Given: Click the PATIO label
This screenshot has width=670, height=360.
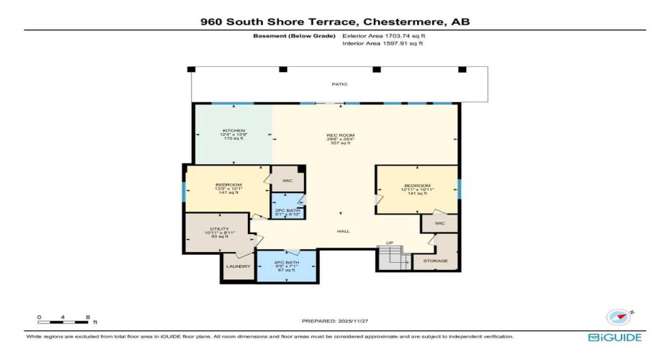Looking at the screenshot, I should tap(339, 84).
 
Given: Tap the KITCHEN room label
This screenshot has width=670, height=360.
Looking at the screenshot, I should tap(228, 131).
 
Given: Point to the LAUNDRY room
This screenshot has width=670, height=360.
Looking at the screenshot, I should tap(238, 266).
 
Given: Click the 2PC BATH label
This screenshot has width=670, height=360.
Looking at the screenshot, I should tap(287, 210).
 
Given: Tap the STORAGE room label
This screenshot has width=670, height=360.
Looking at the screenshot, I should tap(435, 261).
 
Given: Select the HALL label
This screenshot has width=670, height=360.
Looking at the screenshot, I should tap(344, 231).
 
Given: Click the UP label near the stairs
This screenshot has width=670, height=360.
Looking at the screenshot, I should tap(389, 243).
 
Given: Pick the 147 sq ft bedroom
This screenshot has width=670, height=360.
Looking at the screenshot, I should tap(228, 189).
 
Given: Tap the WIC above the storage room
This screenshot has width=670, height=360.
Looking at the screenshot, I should tap(439, 224).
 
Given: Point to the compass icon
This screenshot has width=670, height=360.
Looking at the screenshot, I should tap(617, 317).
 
